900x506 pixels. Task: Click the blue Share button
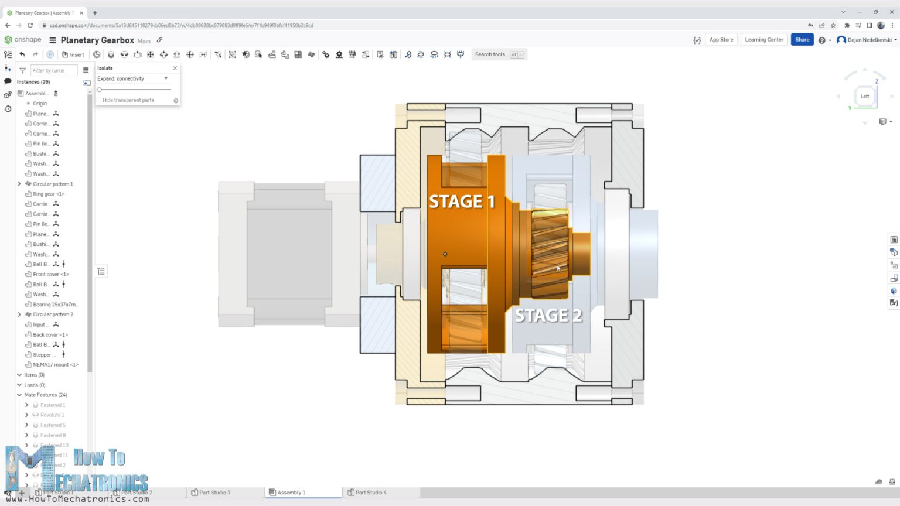[x=802, y=40]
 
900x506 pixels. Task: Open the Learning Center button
[x=763, y=40]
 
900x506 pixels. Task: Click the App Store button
[x=721, y=40]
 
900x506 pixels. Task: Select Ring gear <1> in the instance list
[x=48, y=194]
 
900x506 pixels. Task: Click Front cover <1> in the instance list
[x=50, y=274]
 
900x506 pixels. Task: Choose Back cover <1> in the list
[x=50, y=334]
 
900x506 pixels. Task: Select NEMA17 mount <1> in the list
[x=55, y=365]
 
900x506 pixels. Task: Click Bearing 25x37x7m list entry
[x=55, y=305]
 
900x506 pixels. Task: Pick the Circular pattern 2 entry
[x=53, y=314]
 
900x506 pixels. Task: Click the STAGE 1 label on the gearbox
[x=462, y=202]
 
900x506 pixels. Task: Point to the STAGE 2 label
[x=548, y=316]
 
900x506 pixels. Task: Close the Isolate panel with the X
[x=175, y=69]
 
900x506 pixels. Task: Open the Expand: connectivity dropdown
[x=133, y=78]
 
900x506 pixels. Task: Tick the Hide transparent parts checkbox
[x=99, y=100]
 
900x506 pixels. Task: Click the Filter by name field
[x=53, y=70]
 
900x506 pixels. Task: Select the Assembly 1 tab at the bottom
[x=291, y=493]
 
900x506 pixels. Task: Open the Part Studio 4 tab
[x=370, y=493]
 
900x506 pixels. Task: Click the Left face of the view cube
[x=865, y=97]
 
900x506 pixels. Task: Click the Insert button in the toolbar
[x=73, y=54]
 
